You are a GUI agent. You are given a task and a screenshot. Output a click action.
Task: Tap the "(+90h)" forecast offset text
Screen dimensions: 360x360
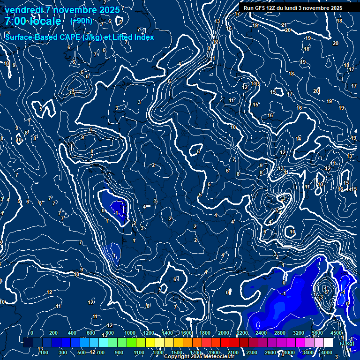(81, 21)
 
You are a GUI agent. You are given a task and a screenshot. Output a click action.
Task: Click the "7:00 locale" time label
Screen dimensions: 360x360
(33, 21)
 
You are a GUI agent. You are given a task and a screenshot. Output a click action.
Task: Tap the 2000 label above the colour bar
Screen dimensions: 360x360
(224, 333)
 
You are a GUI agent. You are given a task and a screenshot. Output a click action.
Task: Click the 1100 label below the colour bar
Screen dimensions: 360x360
(139, 352)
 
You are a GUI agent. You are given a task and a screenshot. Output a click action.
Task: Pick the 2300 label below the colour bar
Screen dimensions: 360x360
(252, 352)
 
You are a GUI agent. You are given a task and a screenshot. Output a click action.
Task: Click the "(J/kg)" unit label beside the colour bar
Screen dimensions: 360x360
(347, 343)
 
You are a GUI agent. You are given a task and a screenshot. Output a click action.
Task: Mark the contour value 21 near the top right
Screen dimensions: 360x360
(284, 25)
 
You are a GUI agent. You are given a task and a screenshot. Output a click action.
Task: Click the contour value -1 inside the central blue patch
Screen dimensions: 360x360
(116, 212)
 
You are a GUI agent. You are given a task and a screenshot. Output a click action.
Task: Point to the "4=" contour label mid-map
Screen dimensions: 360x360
(147, 206)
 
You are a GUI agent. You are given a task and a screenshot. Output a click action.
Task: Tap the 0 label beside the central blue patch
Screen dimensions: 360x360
(103, 211)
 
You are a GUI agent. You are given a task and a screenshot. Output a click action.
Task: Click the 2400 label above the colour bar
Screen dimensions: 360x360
(261, 333)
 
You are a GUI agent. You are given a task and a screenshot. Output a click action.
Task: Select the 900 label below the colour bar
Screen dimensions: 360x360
(119, 352)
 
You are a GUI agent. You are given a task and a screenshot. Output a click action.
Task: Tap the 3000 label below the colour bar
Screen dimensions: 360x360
(289, 352)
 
